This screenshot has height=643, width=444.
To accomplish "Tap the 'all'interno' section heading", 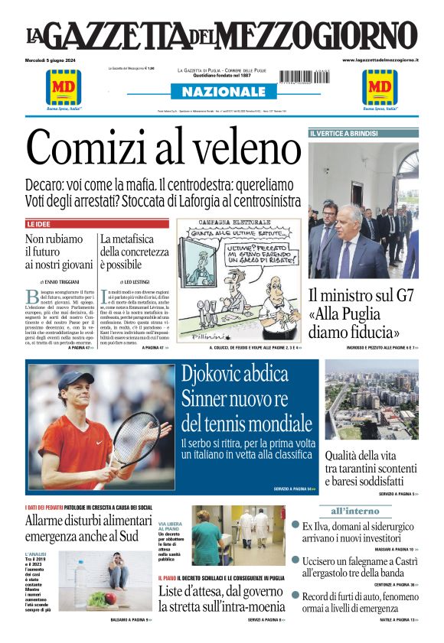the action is [x=354, y=510].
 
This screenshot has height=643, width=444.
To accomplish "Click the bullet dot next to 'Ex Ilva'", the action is [x=295, y=525].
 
